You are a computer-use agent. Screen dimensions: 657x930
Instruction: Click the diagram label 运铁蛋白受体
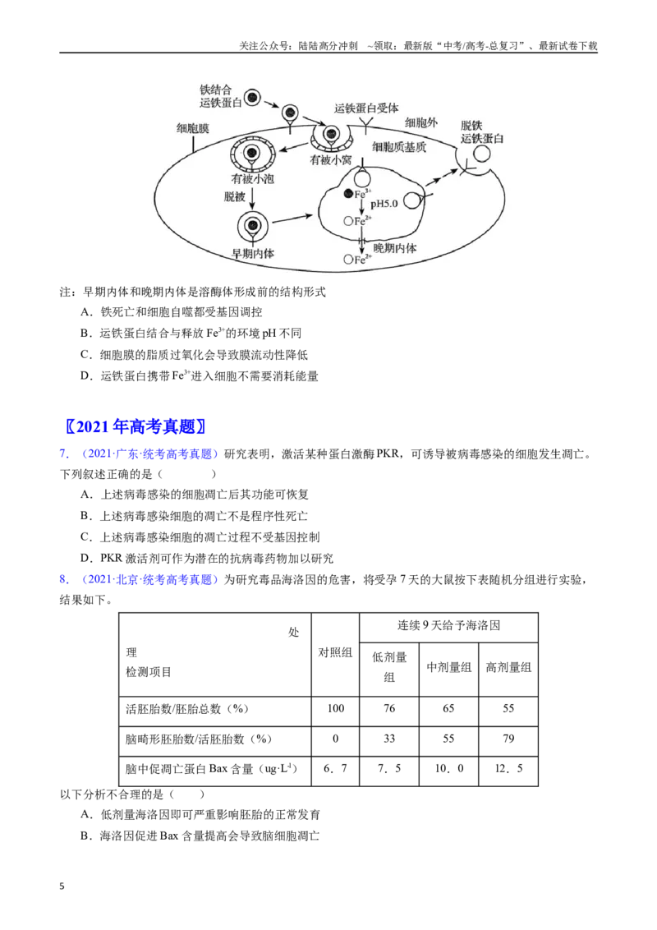coord(365,108)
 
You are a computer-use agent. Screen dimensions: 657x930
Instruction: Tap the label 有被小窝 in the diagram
coord(331,160)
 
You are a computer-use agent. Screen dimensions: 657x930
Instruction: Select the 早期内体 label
coord(253,253)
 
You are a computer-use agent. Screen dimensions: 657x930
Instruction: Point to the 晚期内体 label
coord(395,248)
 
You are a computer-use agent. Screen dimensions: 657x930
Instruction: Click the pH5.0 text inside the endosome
coord(384,204)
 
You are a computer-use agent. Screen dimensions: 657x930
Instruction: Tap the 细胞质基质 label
coord(399,147)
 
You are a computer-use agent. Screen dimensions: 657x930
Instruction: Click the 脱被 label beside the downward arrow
coord(234,197)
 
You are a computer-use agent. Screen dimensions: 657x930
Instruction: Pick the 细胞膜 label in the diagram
coord(193,128)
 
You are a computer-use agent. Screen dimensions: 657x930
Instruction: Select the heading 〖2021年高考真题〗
coord(136,426)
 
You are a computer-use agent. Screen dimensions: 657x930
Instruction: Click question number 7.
coord(64,453)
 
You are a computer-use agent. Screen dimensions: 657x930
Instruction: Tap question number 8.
coord(64,579)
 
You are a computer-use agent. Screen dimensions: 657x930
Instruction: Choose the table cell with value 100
coord(336,708)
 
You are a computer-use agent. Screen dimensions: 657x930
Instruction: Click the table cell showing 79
coord(508,739)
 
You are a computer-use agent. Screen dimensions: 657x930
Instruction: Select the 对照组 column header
coord(336,652)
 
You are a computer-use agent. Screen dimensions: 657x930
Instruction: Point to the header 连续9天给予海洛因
coord(449,625)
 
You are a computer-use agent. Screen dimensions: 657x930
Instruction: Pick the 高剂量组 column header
coord(508,667)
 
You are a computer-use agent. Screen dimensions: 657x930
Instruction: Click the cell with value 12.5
coord(508,769)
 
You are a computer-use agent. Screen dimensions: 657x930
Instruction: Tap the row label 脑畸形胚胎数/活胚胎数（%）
coord(199,739)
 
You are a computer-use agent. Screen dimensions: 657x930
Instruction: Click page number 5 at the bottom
coord(62,886)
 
